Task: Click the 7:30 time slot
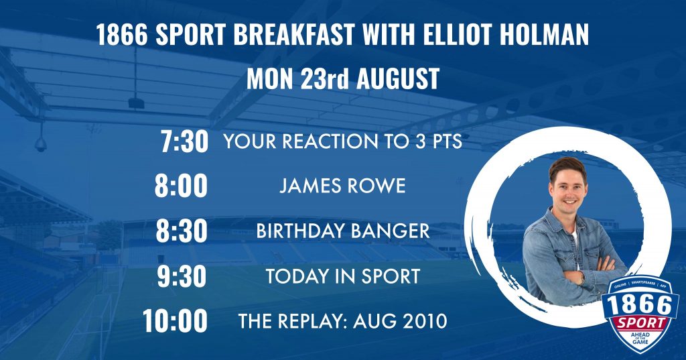coord(184,141)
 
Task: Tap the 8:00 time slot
coord(181,186)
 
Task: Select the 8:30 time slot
coord(182,231)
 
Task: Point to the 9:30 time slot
coord(182,276)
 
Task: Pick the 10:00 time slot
coord(175,321)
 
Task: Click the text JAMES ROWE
coord(342,186)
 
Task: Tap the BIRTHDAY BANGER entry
coord(342,231)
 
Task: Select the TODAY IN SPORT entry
coord(342,276)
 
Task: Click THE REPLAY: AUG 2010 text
coord(342,321)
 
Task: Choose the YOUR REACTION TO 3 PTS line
coord(342,141)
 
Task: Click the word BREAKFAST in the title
coord(293,35)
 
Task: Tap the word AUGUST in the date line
coord(398,79)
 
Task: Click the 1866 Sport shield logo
coord(640,314)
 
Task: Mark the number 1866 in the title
coord(122,35)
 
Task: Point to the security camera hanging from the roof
coord(41,144)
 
